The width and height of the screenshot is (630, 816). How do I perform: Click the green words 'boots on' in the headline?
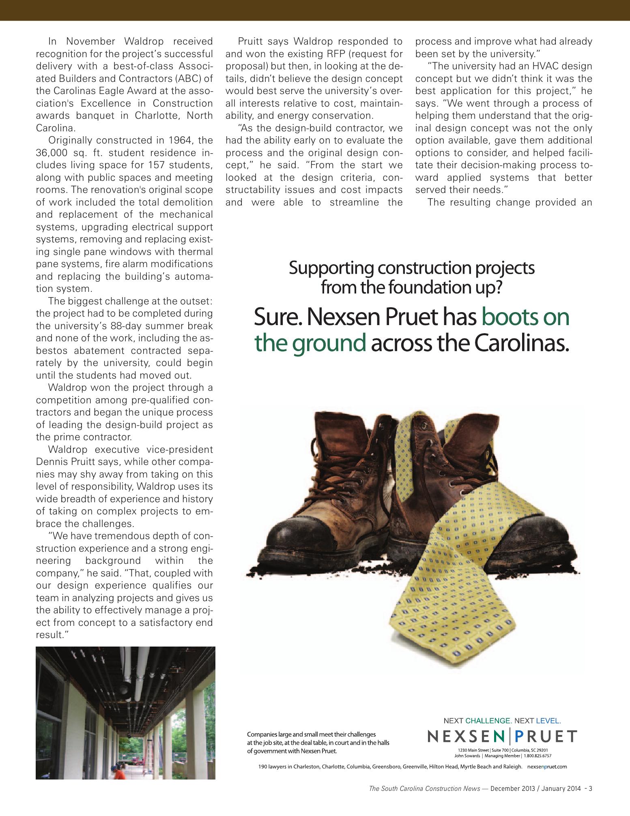pos(525,317)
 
